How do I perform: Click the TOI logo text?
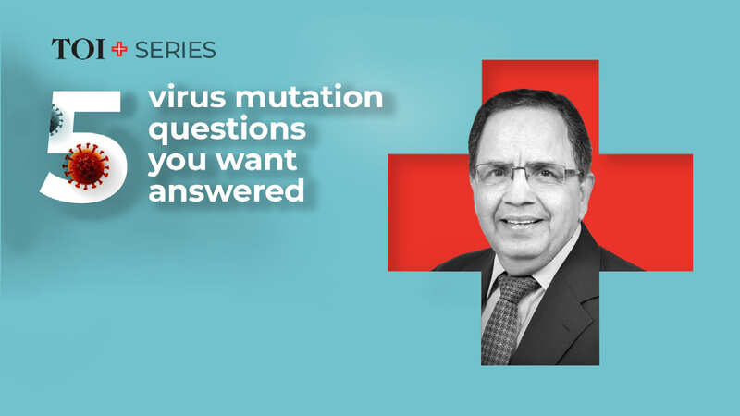point(79,49)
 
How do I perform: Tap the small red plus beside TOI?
point(119,49)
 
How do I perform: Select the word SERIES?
point(176,50)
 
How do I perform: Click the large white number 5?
point(84,147)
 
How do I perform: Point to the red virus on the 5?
point(86,166)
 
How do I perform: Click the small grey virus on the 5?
point(56,120)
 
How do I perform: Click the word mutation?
point(309,97)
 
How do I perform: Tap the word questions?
point(227,129)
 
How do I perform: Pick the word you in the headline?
point(178,161)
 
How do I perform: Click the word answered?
point(227,191)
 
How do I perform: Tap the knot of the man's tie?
point(517,287)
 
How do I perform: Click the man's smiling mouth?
point(522,222)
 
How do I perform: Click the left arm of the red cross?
point(429,213)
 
